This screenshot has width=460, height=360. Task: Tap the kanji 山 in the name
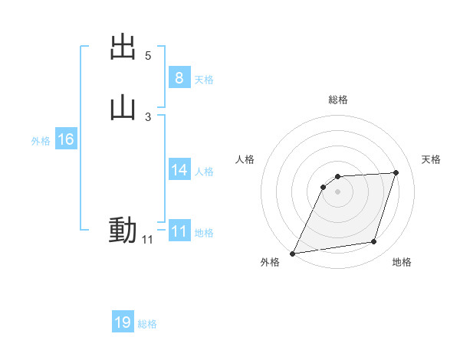tap(123, 108)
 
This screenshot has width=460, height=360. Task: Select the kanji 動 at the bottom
tap(123, 230)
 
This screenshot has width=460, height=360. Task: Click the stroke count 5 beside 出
tap(148, 56)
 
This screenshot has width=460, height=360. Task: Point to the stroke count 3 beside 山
tap(148, 116)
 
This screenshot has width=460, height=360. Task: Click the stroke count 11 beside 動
tap(147, 240)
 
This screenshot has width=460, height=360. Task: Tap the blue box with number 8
tap(179, 78)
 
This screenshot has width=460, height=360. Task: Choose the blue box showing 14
tap(179, 170)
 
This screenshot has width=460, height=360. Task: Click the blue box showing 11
tap(179, 231)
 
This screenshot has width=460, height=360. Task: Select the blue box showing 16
tap(66, 139)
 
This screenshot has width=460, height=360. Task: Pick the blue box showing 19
tap(123, 322)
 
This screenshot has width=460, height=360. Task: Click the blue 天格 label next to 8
tap(204, 80)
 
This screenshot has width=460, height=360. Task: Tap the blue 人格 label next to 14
tap(204, 172)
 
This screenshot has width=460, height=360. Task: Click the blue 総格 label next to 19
tap(147, 324)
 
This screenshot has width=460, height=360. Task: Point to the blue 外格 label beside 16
tap(41, 141)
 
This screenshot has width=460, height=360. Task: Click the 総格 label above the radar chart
tap(338, 100)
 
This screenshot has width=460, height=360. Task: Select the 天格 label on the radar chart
tap(432, 159)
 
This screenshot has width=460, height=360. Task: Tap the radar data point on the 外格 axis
tap(293, 254)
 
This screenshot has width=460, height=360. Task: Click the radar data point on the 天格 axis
tap(396, 172)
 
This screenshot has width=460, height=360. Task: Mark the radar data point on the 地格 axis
tap(374, 242)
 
